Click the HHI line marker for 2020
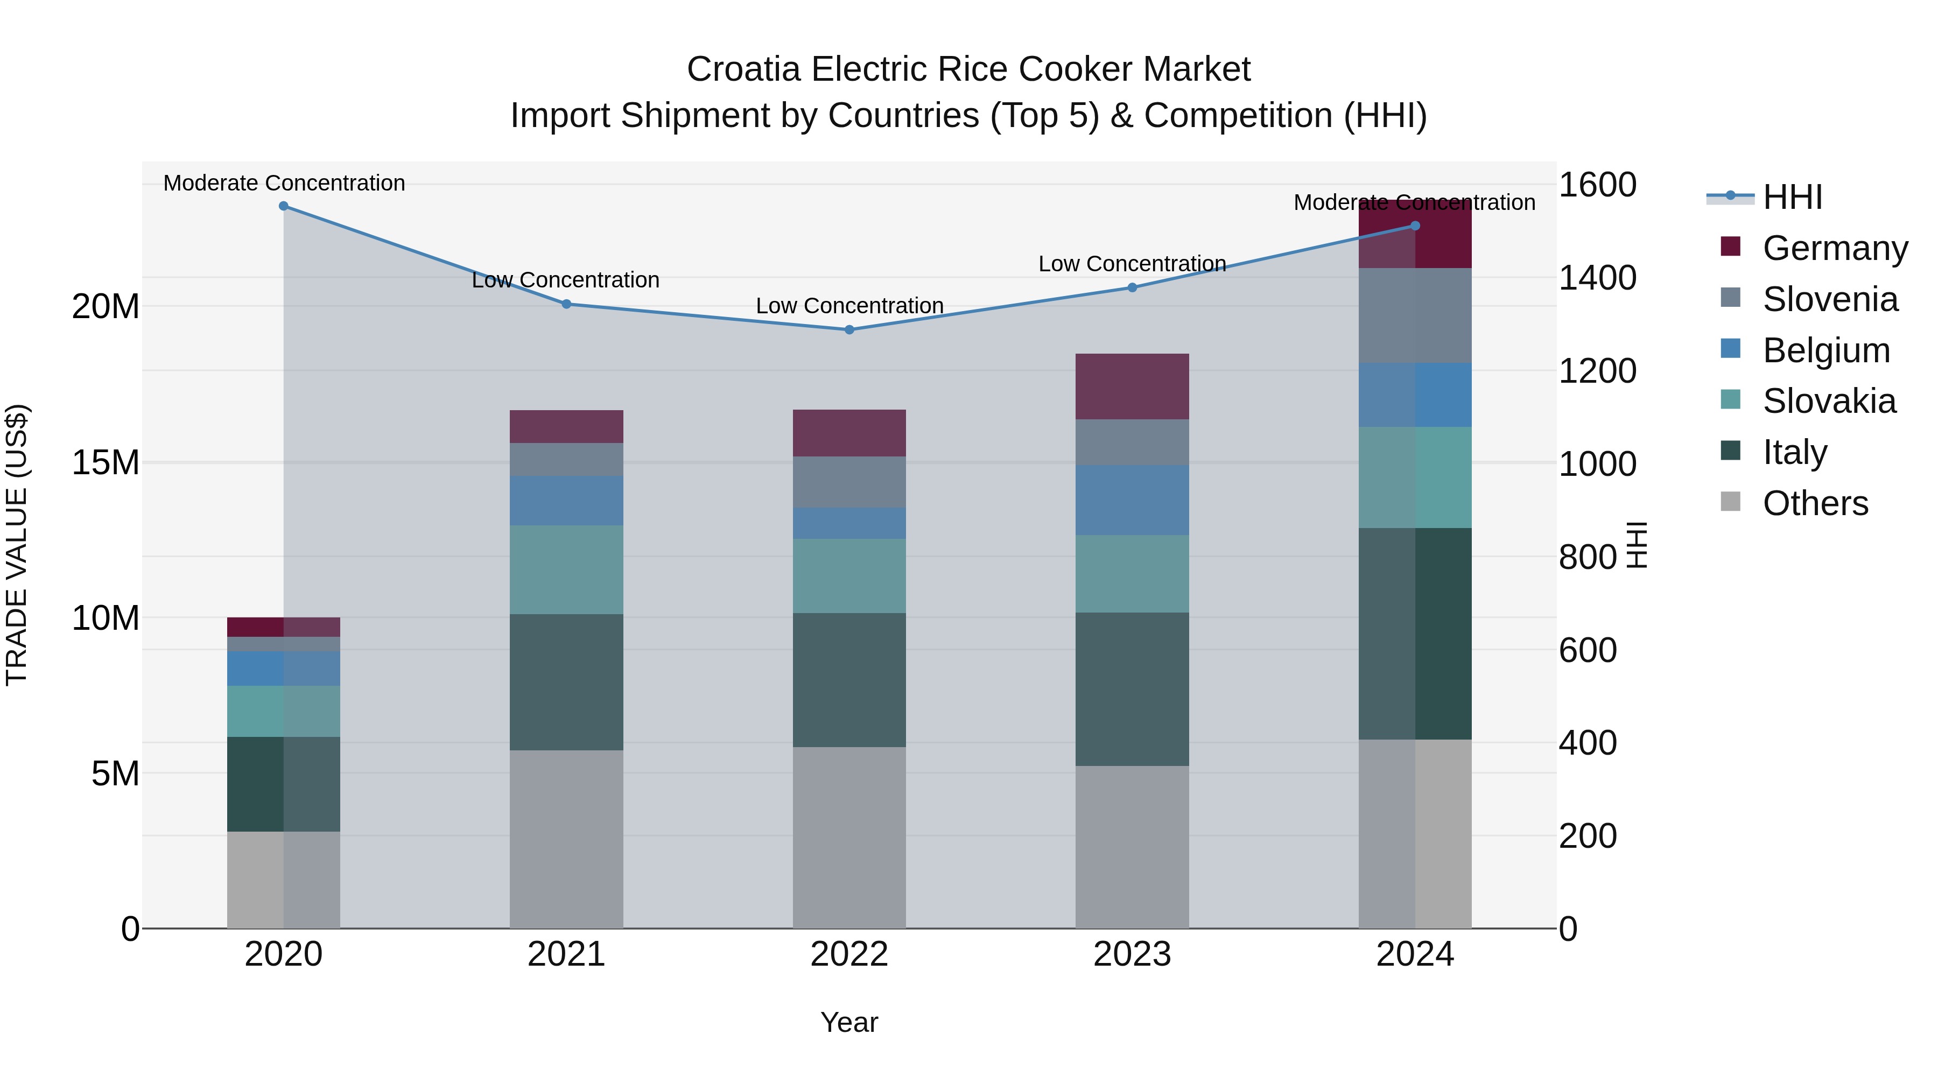(284, 206)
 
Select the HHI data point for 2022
(849, 329)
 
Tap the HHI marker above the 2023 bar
(1132, 287)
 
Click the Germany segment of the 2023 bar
(1132, 386)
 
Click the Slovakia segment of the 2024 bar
(1415, 477)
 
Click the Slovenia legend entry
(1830, 299)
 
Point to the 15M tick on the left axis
(106, 462)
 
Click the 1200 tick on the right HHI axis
(1597, 371)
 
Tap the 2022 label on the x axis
(849, 954)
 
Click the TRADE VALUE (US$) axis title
(17, 545)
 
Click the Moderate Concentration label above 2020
(284, 183)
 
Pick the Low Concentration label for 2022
(849, 306)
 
